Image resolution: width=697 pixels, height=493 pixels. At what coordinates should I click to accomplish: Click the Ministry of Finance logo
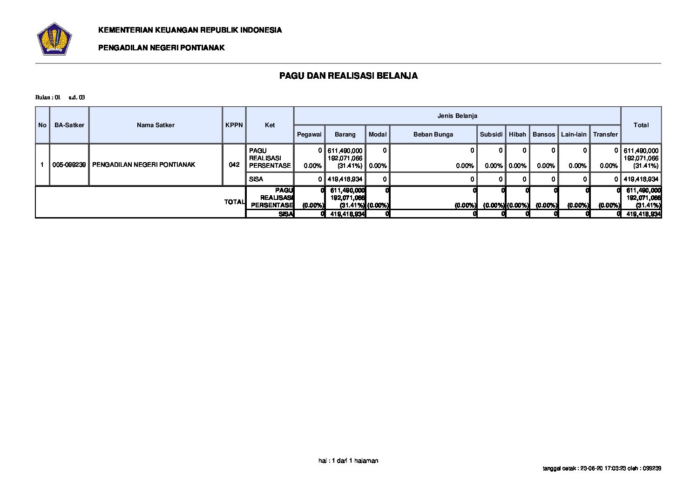(x=54, y=39)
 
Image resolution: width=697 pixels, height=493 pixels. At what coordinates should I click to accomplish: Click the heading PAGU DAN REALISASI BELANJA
(x=348, y=76)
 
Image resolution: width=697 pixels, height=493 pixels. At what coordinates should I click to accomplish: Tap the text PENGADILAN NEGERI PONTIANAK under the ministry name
(x=161, y=48)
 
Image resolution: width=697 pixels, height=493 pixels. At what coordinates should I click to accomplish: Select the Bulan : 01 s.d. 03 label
(x=60, y=97)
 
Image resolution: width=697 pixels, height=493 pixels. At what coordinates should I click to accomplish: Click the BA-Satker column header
(x=69, y=125)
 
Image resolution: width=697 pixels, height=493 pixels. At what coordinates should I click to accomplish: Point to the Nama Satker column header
(x=156, y=125)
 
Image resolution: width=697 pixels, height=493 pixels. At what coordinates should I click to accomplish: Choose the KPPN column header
(x=234, y=125)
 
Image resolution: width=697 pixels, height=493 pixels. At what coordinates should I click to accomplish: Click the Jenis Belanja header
(x=457, y=116)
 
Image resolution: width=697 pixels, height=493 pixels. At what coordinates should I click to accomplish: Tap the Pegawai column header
(x=309, y=134)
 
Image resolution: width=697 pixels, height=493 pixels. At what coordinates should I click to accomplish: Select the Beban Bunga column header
(x=433, y=134)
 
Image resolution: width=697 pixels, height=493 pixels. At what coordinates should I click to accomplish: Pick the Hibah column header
(x=517, y=134)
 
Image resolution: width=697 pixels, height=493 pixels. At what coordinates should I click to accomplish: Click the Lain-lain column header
(x=574, y=134)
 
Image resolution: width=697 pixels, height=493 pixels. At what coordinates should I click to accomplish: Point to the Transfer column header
(x=605, y=134)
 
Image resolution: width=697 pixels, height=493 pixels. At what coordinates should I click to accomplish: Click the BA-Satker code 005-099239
(x=69, y=164)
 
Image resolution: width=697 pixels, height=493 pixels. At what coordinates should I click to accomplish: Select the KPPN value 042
(x=234, y=164)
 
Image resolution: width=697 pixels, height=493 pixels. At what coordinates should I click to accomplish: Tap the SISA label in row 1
(x=256, y=179)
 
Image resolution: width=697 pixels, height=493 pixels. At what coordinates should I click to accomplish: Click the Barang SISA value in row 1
(x=345, y=179)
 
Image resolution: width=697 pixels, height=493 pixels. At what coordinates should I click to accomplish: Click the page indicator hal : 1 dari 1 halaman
(x=348, y=460)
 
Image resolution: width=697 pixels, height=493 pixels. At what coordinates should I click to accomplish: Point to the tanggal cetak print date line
(x=602, y=468)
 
